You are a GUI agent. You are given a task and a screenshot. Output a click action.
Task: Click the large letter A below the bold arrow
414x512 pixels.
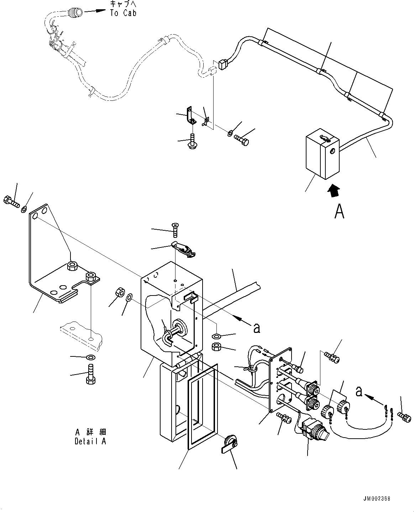click(339, 211)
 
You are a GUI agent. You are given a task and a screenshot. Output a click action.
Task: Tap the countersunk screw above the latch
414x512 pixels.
click(174, 229)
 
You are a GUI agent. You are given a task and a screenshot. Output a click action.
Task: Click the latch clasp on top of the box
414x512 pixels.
click(183, 249)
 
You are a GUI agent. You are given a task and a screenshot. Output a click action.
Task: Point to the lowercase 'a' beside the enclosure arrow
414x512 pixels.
click(256, 328)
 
